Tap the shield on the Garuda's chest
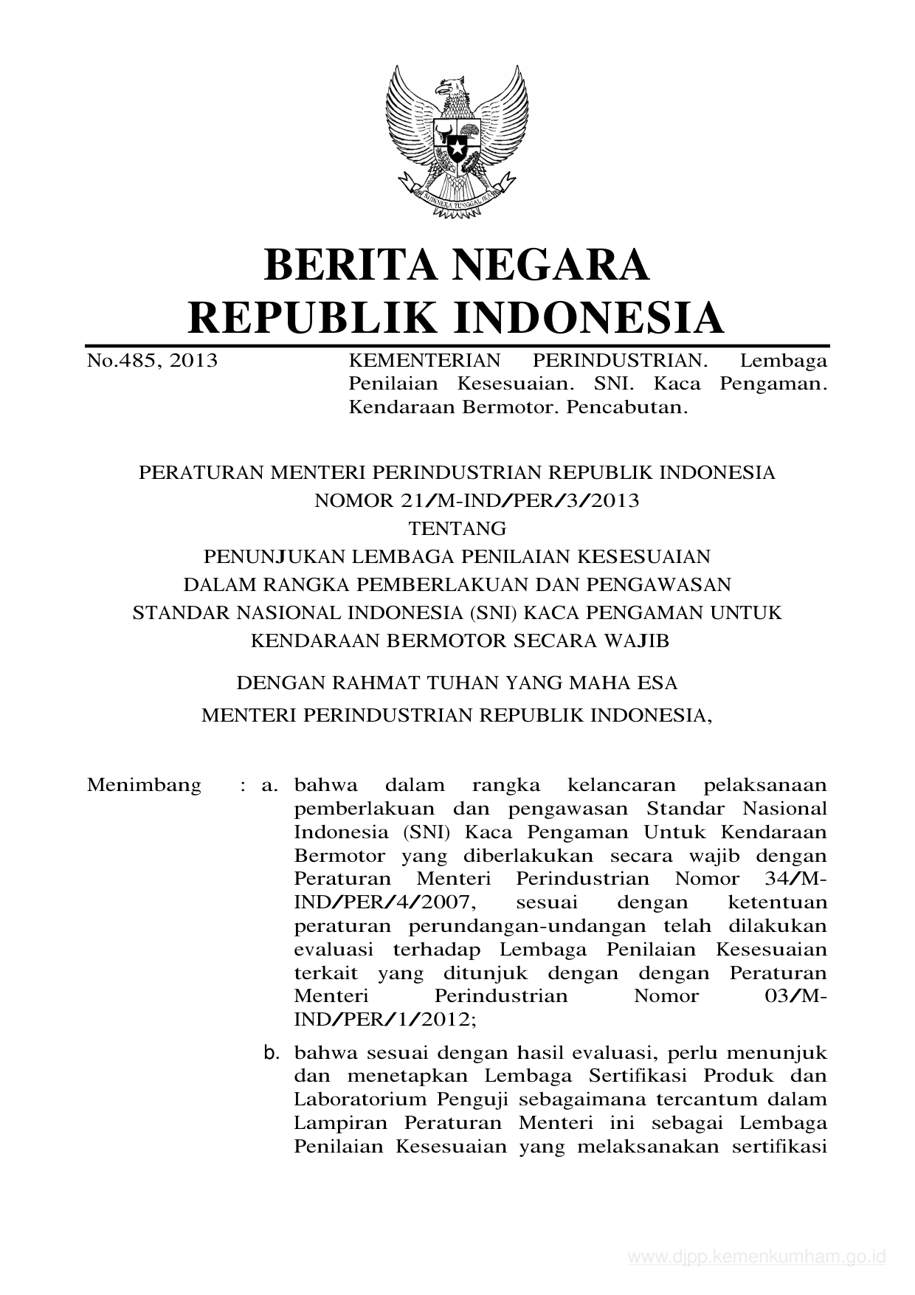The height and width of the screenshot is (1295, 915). pos(457,139)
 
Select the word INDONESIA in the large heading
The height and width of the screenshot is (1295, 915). pos(587,317)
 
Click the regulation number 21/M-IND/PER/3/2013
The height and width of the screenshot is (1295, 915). pos(477,501)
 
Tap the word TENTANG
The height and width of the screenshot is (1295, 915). pos(457,529)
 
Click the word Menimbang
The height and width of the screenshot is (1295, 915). pos(144,785)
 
